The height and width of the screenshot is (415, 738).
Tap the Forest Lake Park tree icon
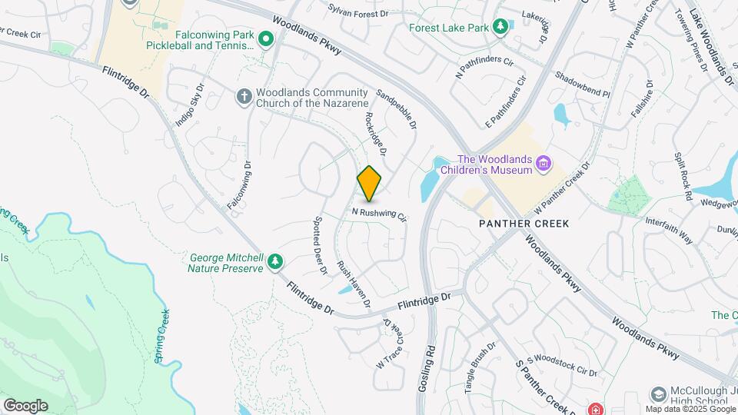(x=500, y=28)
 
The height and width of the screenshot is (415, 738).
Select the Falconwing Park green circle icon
(x=266, y=38)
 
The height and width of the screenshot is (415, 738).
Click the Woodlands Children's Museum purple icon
(x=544, y=163)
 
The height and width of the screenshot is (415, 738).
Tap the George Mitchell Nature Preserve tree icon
(x=274, y=263)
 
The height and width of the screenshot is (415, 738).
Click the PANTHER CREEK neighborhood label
(x=524, y=224)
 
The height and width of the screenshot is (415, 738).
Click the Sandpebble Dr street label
(x=397, y=108)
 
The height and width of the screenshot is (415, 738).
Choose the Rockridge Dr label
(x=375, y=132)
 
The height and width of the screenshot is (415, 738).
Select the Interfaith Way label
(x=669, y=230)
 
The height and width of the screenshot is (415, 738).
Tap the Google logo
(x=25, y=405)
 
